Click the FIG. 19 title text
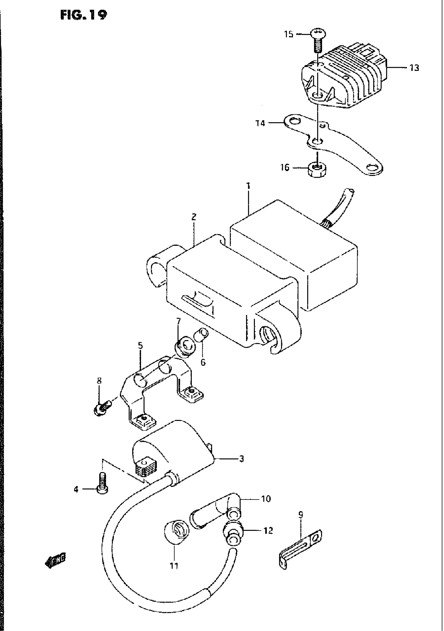click(83, 15)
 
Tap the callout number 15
click(289, 35)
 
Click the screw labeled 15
click(318, 41)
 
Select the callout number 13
click(414, 68)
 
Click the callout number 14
click(260, 123)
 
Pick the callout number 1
click(248, 186)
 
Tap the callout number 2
click(194, 217)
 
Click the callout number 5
click(140, 346)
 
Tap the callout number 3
click(241, 459)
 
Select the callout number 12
click(268, 531)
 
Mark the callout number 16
click(285, 167)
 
